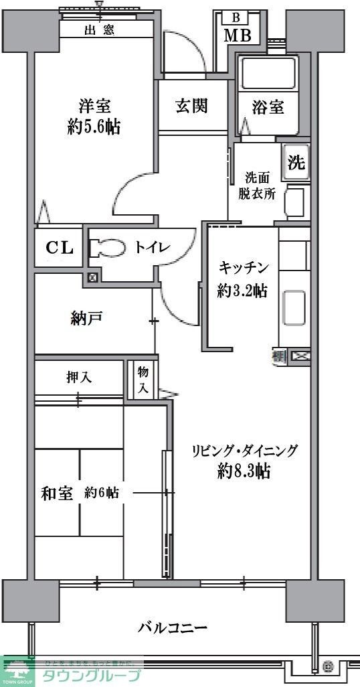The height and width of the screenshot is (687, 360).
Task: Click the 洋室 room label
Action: pyautogui.click(x=94, y=106)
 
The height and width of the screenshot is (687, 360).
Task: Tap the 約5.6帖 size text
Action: pyautogui.click(x=94, y=127)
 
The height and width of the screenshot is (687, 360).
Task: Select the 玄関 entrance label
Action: pyautogui.click(x=191, y=105)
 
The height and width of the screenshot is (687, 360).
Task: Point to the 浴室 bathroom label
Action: pyautogui.click(x=268, y=106)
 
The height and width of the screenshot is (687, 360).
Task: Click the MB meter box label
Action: pyautogui.click(x=237, y=35)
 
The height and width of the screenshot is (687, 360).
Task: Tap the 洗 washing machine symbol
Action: pyautogui.click(x=296, y=162)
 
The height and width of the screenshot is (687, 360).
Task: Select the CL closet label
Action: pyautogui.click(x=59, y=248)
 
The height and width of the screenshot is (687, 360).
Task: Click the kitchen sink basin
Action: pyautogui.click(x=294, y=307)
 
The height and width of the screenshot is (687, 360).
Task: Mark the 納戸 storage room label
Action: pyautogui.click(x=86, y=318)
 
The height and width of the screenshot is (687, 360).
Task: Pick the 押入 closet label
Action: pyautogui.click(x=79, y=378)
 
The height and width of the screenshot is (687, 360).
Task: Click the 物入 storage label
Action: pyautogui.click(x=143, y=380)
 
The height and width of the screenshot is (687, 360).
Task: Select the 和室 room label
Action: pyautogui.click(x=57, y=493)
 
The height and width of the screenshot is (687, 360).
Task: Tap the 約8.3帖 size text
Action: pyautogui.click(x=244, y=471)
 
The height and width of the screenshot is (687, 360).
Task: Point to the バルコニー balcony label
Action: pyautogui.click(x=173, y=628)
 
